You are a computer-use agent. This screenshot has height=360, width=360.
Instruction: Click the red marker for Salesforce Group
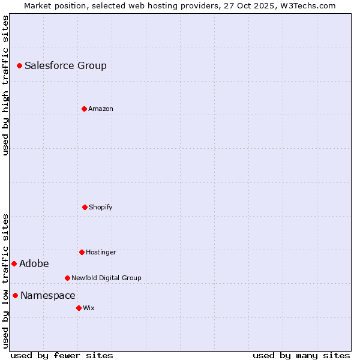click(x=19, y=65)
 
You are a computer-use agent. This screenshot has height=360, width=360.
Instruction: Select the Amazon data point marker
click(x=84, y=109)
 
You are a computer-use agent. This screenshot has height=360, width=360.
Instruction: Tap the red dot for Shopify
click(x=85, y=207)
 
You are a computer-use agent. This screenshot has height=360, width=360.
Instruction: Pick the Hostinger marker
click(x=82, y=252)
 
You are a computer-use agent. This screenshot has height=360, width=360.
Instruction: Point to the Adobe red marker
click(x=14, y=263)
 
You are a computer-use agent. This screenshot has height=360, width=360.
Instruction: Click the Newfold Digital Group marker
click(x=67, y=278)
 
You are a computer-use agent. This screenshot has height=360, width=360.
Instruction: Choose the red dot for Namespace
click(x=15, y=295)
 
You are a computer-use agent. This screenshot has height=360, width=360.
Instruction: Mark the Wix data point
click(x=79, y=308)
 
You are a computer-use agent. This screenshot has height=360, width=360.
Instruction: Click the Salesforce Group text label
click(x=65, y=65)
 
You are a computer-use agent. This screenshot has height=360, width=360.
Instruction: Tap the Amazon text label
click(x=101, y=109)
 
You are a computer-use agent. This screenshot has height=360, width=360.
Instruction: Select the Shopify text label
click(x=101, y=207)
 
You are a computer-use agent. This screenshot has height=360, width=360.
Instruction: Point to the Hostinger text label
click(x=101, y=252)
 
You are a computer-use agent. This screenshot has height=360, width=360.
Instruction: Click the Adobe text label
click(x=34, y=263)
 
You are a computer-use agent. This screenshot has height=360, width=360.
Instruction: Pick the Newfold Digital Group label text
click(x=106, y=278)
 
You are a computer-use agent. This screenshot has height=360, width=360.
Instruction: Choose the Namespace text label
click(x=48, y=295)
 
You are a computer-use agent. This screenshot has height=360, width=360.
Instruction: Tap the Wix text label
click(x=89, y=308)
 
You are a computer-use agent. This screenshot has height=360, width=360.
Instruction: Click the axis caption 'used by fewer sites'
click(x=62, y=355)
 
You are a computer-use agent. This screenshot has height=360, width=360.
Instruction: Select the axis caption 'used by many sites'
click(x=301, y=355)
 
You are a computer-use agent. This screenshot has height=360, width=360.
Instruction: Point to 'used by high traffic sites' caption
click(x=5, y=85)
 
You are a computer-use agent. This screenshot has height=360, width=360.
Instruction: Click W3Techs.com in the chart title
click(x=306, y=5)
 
